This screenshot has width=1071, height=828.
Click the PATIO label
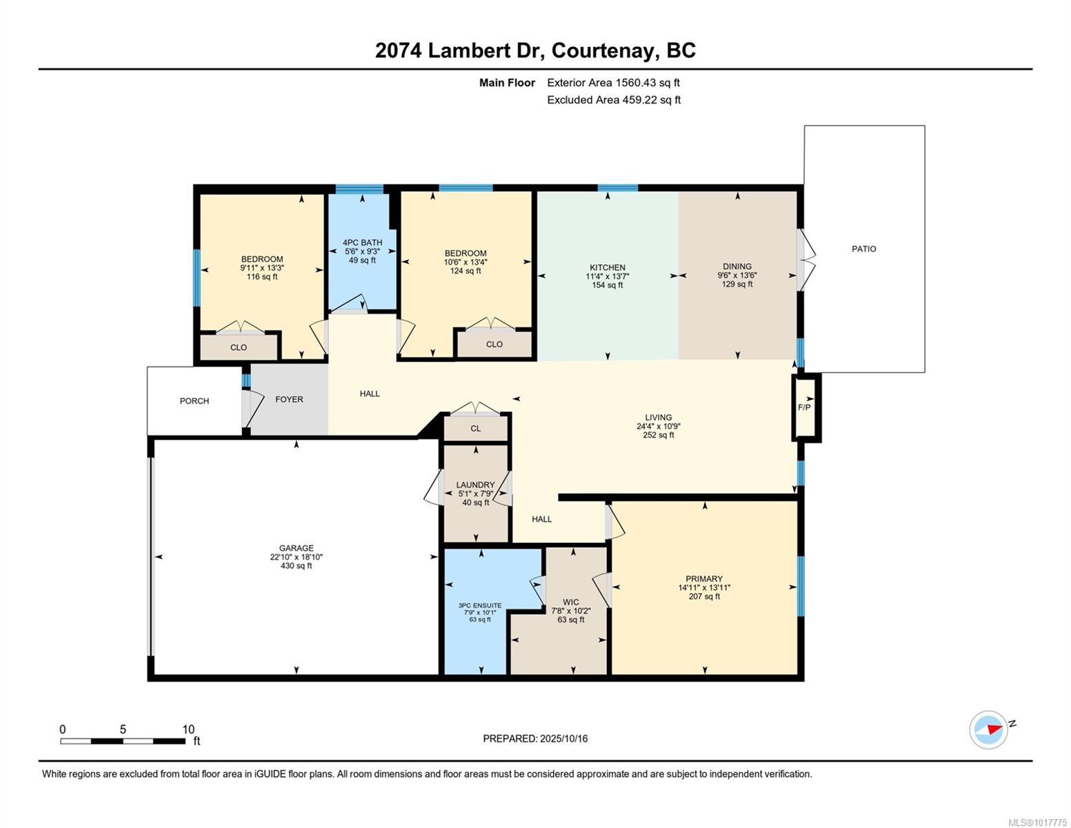click(x=863, y=249)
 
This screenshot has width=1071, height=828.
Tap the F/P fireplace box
click(x=806, y=407)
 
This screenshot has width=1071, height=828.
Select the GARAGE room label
click(x=297, y=548)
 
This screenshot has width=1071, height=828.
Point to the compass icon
click(x=988, y=730)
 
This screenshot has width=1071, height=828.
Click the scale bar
click(x=123, y=741)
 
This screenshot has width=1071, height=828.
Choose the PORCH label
click(x=194, y=401)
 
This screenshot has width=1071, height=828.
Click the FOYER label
click(x=290, y=400)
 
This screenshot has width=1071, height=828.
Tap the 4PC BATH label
click(x=362, y=243)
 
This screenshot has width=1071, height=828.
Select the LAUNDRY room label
click(x=475, y=485)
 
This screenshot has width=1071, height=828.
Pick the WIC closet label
click(x=571, y=602)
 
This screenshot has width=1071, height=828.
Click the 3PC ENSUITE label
click(x=479, y=606)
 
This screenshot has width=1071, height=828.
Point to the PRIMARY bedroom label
click(x=704, y=578)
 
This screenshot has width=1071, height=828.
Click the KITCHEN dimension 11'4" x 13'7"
click(x=607, y=276)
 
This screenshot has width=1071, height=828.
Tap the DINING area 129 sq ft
click(x=737, y=284)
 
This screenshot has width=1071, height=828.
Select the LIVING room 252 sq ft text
click(x=659, y=435)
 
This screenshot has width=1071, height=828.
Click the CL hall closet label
click(x=475, y=428)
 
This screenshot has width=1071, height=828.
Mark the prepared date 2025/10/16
click(x=563, y=739)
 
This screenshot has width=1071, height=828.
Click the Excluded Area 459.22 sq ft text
click(x=614, y=99)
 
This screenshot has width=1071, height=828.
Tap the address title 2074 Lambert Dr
click(x=459, y=50)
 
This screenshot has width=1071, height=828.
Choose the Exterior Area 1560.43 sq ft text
click(x=613, y=82)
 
